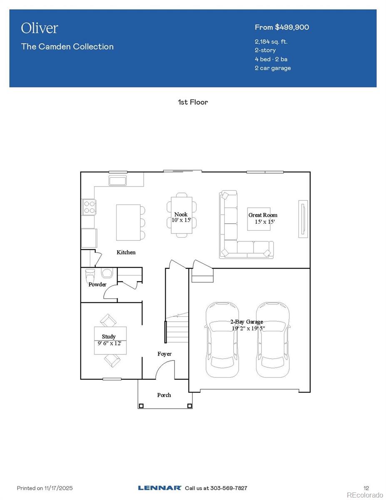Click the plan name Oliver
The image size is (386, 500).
tap(40, 28)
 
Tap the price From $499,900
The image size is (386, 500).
tap(281, 27)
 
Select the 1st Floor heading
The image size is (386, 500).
tap(193, 102)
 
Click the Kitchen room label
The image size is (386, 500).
tap(126, 252)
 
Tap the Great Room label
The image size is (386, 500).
tap(263, 215)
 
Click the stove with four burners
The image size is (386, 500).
tap(89, 207)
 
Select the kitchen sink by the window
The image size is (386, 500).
tap(118, 180)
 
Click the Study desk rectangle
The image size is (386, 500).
tap(110, 340)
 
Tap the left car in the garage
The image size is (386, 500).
tap(222, 340)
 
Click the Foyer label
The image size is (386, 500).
tap(164, 354)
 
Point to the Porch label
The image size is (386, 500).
tap(164, 395)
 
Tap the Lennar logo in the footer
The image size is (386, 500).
tap(159, 488)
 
